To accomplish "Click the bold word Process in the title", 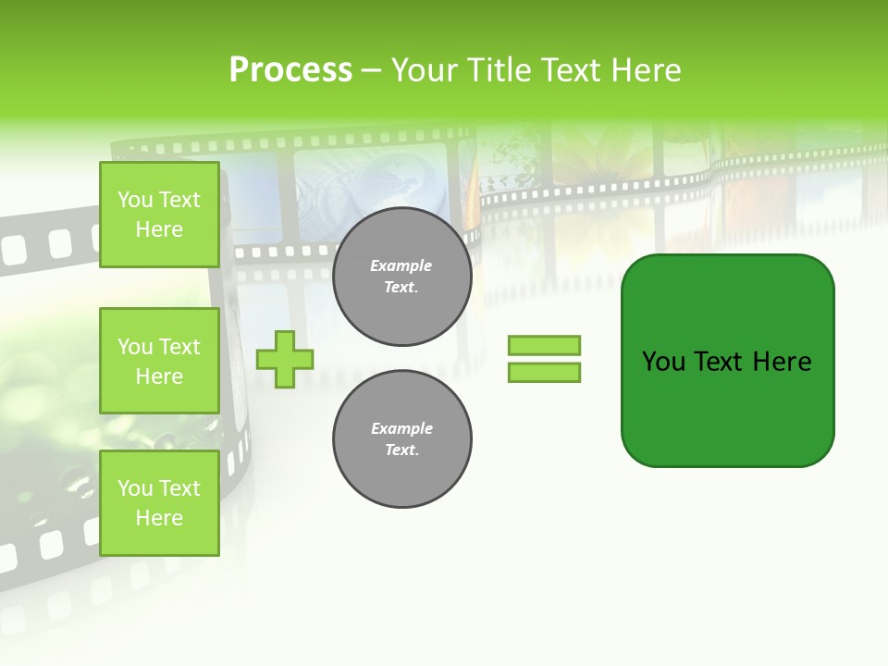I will (x=290, y=70).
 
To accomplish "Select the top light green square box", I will (x=159, y=215).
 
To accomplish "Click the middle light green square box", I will (x=159, y=361).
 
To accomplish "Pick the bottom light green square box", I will (x=159, y=503).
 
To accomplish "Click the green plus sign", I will (x=285, y=359).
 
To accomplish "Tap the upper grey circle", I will (x=401, y=277).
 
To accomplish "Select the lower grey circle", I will (x=401, y=439).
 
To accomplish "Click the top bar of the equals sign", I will (x=544, y=346).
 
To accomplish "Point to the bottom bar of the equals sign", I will (x=544, y=372).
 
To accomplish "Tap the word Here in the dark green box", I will (x=782, y=362).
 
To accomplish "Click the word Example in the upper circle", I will (x=401, y=265).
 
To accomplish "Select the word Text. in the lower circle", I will (x=401, y=450).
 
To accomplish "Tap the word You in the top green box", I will (x=135, y=200).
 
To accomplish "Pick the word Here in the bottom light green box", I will (x=159, y=518).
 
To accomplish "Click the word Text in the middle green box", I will (x=179, y=347).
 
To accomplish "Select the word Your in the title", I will (x=423, y=70).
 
